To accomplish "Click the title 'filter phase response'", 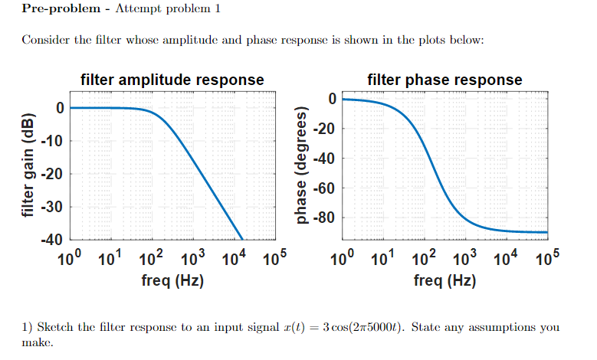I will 444,80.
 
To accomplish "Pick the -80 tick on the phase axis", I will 325,218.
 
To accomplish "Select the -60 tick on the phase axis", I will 325,188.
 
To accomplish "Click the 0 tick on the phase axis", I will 332,98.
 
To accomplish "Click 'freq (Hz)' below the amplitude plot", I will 172,281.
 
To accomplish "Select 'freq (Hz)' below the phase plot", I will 444,281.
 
